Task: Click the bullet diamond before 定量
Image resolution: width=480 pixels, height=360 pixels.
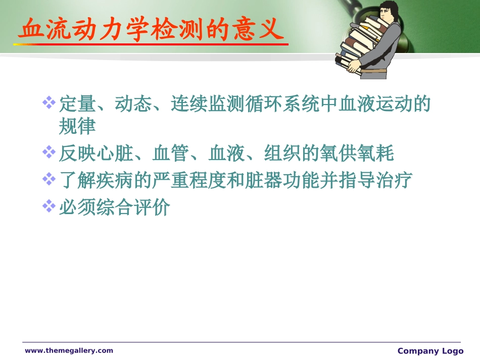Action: coord(49,103)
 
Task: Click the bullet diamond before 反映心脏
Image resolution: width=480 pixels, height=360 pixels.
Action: coord(49,151)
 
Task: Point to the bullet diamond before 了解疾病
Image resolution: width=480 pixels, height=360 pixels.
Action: coord(49,178)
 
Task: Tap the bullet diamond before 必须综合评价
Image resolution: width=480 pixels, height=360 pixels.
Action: coord(49,205)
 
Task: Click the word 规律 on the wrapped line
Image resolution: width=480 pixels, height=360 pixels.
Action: coord(77,126)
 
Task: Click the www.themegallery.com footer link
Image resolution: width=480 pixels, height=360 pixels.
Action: coord(69,350)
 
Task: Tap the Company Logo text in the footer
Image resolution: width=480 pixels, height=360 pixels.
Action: coord(430,351)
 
